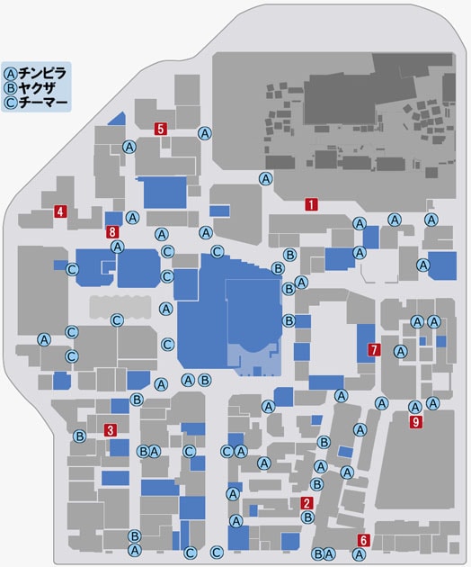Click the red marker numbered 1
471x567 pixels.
click(310, 204)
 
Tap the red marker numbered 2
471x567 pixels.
click(307, 504)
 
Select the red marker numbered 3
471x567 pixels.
click(110, 429)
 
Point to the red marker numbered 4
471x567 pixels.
click(59, 212)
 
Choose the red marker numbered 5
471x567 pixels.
click(160, 129)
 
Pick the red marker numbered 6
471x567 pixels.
click(363, 540)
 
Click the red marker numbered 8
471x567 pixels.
click(112, 232)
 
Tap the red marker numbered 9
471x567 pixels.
click(415, 421)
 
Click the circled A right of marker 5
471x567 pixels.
click(205, 133)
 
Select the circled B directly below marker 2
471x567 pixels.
click(307, 517)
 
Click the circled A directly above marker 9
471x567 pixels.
click(414, 406)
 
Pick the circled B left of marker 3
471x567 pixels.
click(79, 436)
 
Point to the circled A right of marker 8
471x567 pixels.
click(132, 217)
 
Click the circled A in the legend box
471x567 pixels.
click(11, 73)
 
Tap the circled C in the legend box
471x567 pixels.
click(11, 102)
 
